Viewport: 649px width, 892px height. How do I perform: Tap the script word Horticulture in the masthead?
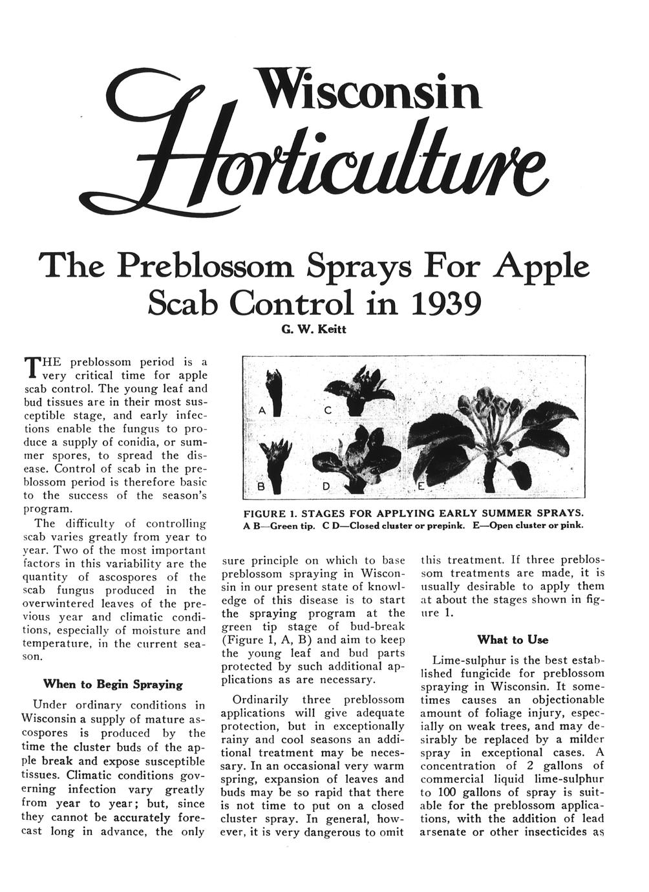click(323, 165)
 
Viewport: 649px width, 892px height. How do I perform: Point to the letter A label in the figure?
click(261, 410)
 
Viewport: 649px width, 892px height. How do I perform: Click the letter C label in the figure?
click(328, 410)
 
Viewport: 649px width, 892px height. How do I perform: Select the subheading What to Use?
click(512, 640)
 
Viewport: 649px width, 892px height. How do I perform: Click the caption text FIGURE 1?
click(268, 514)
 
